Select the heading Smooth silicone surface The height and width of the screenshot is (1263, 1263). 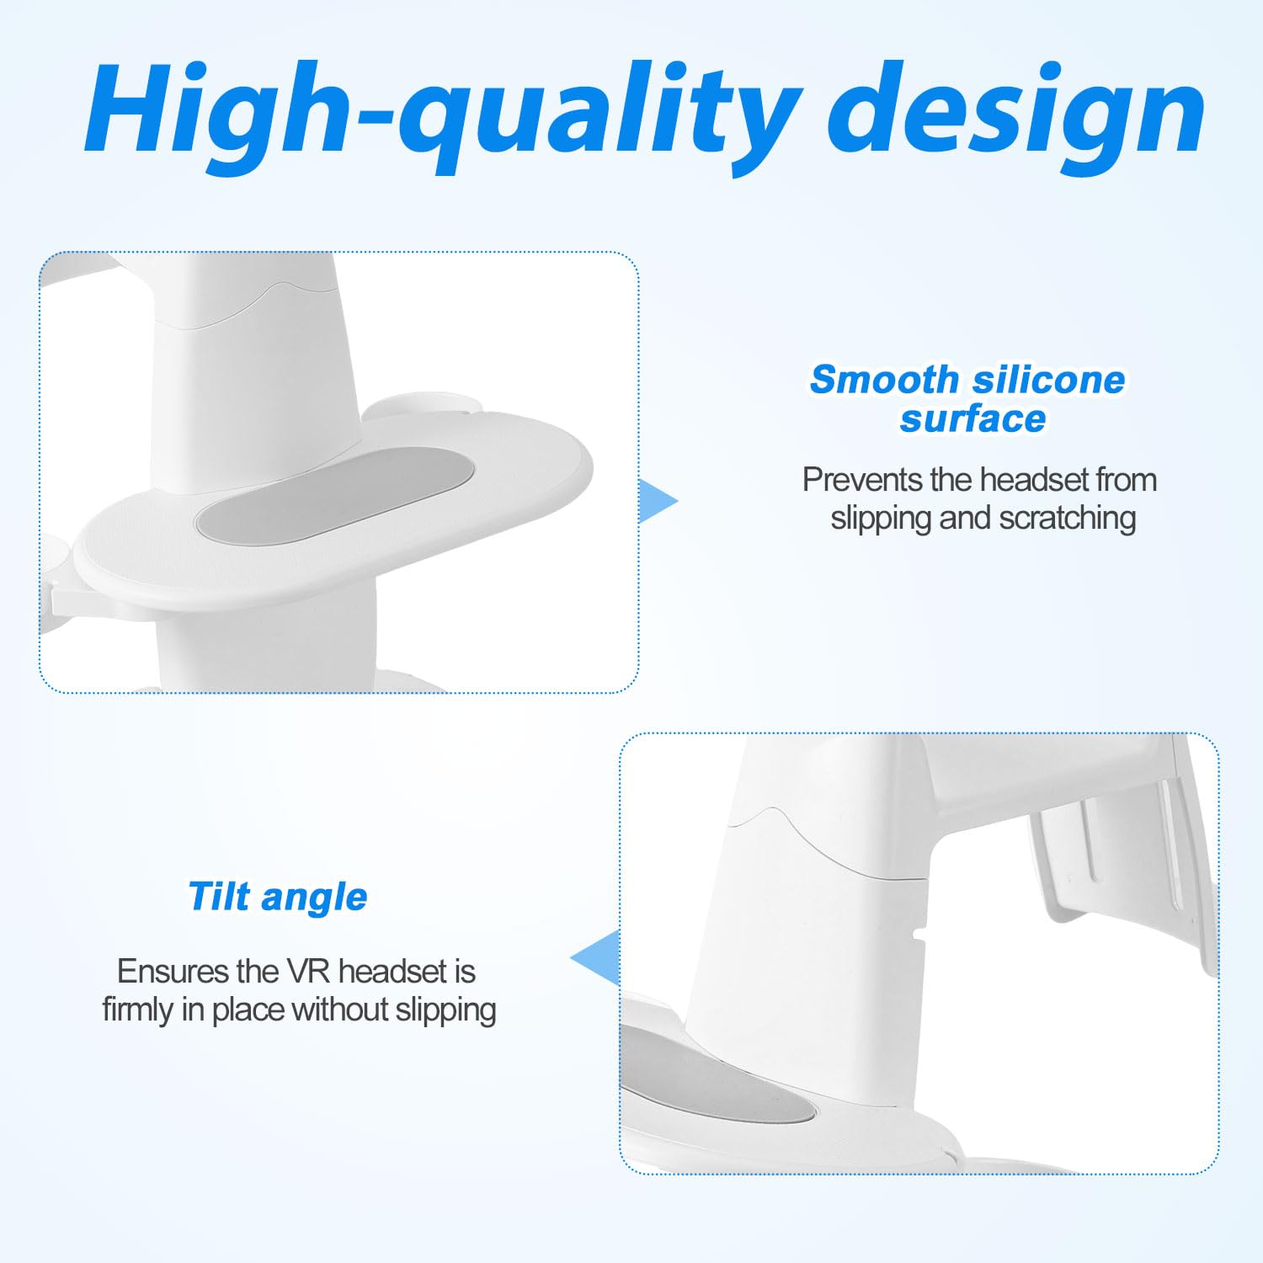968,399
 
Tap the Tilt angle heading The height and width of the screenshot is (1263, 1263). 278,897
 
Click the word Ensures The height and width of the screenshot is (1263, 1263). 173,972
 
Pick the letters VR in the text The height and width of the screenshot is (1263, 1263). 308,972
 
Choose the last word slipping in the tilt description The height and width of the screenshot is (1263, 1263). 445,1010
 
